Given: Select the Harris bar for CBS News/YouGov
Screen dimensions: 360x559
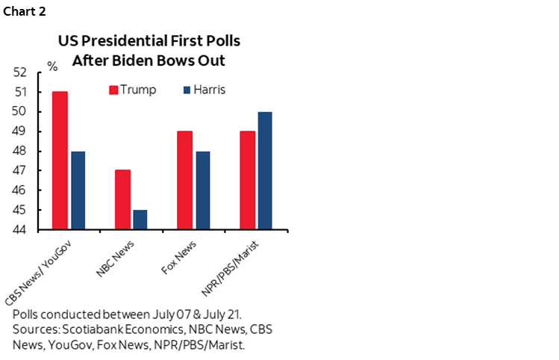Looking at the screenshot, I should [x=78, y=190].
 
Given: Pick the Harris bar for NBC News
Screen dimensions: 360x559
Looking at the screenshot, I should [x=140, y=220].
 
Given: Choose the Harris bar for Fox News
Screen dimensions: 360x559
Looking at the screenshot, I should [x=203, y=190].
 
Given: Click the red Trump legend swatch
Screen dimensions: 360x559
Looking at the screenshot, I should [x=114, y=90].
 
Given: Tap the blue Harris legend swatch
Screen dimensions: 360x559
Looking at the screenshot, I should [x=188, y=90].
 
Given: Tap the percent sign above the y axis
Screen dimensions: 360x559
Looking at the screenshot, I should [x=52, y=66].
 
